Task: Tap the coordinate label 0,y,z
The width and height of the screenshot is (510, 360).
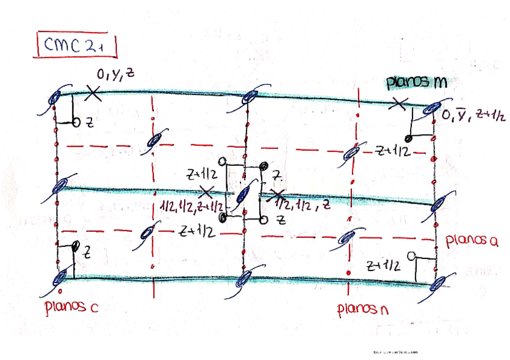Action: (116, 75)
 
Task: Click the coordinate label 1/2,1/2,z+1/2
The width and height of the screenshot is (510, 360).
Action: (190, 206)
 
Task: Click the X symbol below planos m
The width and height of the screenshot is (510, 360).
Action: (396, 103)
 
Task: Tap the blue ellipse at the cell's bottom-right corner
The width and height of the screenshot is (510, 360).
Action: (441, 282)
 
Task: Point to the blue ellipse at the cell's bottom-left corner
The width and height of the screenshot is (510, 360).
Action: (61, 278)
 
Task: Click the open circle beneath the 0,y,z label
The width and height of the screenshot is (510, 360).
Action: (76, 123)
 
